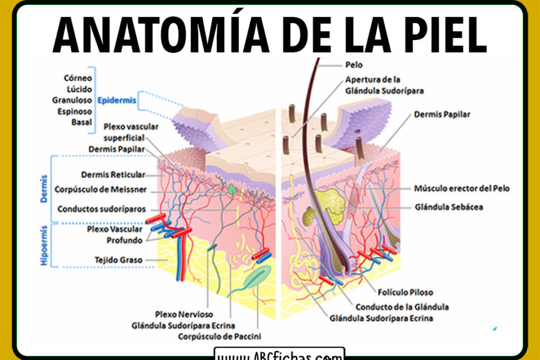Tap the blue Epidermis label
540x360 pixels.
click(x=117, y=100)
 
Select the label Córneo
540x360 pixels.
click(x=79, y=77)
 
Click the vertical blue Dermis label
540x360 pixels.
click(x=44, y=189)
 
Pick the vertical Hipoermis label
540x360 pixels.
click(x=44, y=246)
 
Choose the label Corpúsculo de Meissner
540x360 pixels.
click(x=100, y=189)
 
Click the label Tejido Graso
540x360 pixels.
click(x=118, y=260)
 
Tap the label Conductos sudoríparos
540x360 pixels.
click(x=102, y=209)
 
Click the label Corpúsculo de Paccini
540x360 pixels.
click(x=219, y=336)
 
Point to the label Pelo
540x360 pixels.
click(x=354, y=65)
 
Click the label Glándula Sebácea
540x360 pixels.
click(x=449, y=207)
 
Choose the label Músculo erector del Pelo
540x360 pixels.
click(x=462, y=188)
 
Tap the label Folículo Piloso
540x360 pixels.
click(x=405, y=292)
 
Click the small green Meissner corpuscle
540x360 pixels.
click(x=233, y=189)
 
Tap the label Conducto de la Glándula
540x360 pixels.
click(x=402, y=307)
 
